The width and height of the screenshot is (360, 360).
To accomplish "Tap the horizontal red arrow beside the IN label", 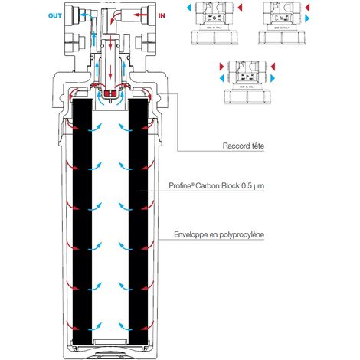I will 139,14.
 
